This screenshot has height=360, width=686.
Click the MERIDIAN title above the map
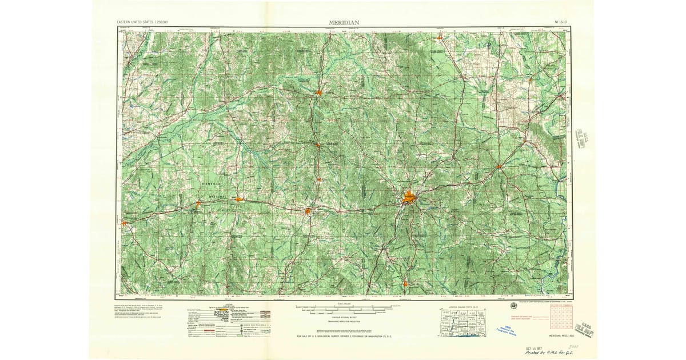point(344,22)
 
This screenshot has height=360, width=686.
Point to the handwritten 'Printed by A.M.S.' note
point(553,353)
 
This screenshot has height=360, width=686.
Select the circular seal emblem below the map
point(513,305)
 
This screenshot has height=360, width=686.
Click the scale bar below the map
point(343,309)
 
